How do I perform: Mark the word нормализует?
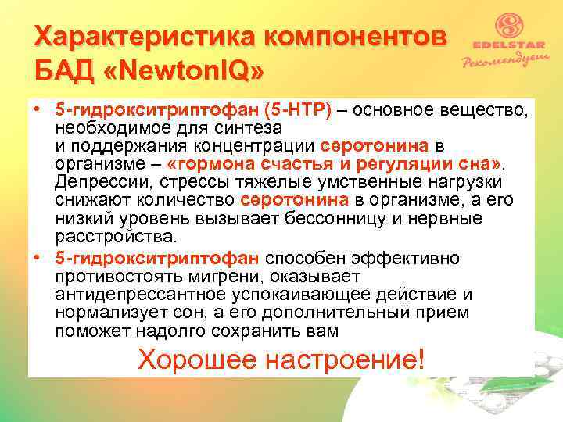(x=110, y=313)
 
